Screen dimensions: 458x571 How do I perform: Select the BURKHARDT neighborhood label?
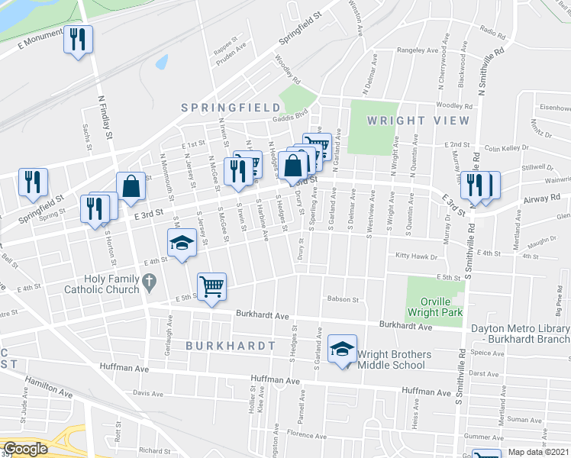230,346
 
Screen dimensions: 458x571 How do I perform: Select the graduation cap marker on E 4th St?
182,244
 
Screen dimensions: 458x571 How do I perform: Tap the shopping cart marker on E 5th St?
211,287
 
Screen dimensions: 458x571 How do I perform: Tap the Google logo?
25,450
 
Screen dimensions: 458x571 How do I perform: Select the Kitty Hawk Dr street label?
418,256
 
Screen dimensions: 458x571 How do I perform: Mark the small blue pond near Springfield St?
161,62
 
